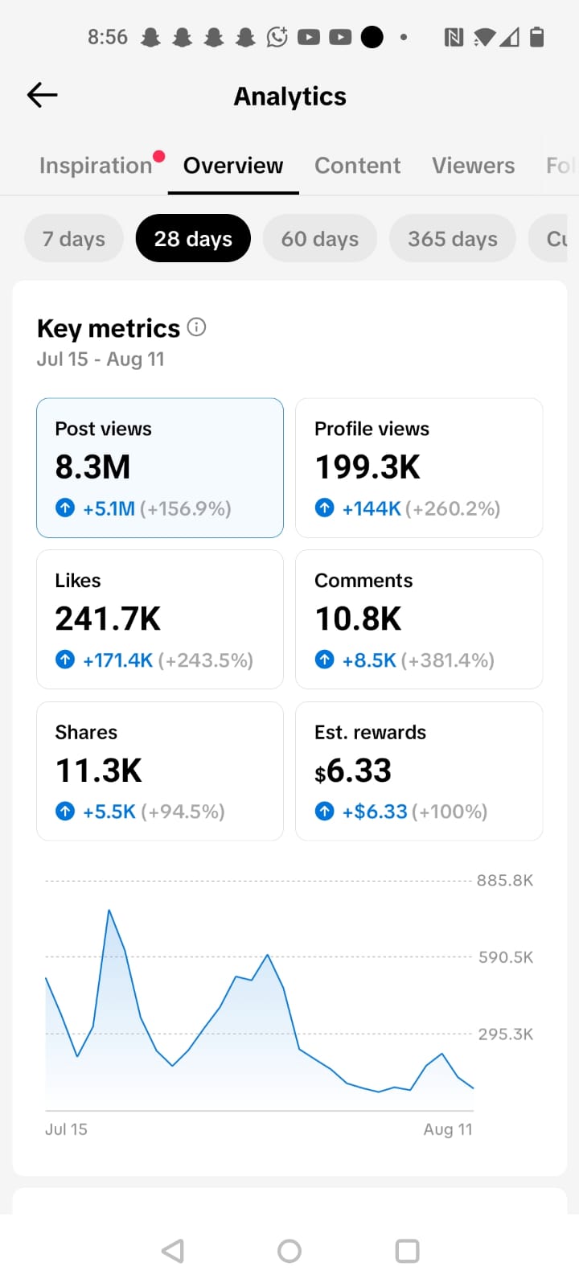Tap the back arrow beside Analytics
click(42, 95)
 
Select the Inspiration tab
click(96, 166)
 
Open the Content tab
click(357, 166)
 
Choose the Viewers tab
click(474, 166)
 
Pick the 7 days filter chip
click(73, 238)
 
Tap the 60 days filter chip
click(320, 238)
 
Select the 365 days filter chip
click(453, 238)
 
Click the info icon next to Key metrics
click(196, 327)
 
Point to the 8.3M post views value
click(92, 467)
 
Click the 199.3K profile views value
click(368, 467)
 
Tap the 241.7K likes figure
click(108, 619)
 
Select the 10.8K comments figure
click(359, 619)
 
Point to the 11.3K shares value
click(99, 771)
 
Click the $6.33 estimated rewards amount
click(353, 771)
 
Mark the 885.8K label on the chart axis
click(505, 881)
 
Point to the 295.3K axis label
click(506, 1034)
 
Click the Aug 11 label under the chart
click(448, 1129)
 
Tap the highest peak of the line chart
click(109, 910)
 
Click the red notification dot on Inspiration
click(159, 156)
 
